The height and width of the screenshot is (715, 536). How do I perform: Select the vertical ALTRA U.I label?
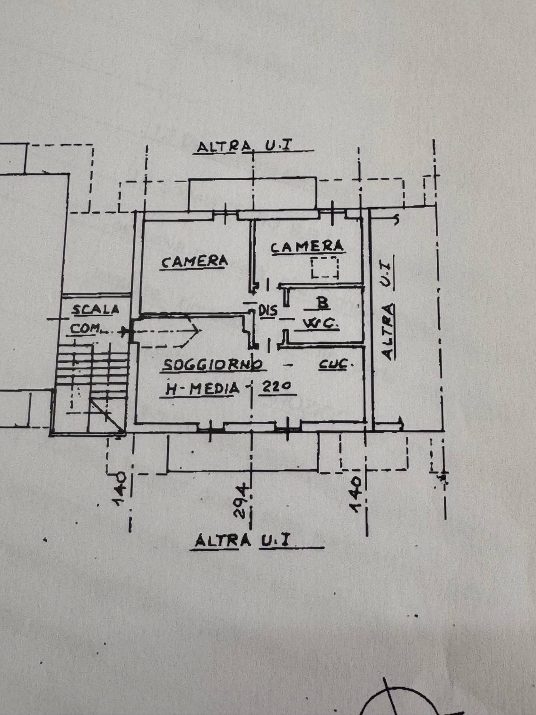388,307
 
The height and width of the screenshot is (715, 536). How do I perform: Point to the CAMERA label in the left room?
194,262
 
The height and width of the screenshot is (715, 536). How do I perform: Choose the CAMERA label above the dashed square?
307,246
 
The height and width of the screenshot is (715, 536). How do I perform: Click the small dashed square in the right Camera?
325,268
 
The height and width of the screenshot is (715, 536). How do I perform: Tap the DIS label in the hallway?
268,311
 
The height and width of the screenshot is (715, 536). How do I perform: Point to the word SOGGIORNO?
213,365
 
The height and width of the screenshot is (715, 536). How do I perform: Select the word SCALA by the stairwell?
95,310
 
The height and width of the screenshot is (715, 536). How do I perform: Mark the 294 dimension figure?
242,500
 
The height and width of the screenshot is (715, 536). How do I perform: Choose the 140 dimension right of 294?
355,493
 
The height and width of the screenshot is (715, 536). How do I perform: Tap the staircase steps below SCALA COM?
92,374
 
